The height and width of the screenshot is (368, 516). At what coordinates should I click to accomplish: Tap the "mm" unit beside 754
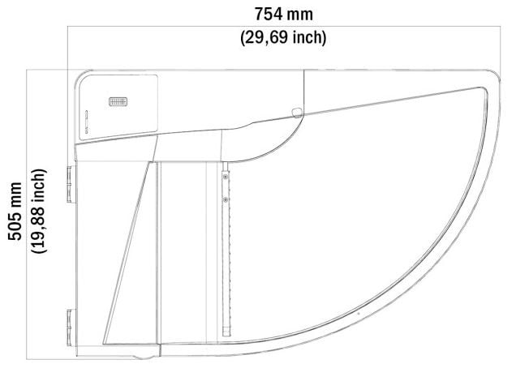[299, 15]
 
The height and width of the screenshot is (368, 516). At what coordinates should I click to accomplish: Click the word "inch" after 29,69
[309, 37]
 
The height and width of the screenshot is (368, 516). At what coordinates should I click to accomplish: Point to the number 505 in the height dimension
[15, 228]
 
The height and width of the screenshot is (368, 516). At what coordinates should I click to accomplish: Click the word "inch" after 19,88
[39, 186]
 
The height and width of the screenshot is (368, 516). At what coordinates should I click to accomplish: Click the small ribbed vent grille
[118, 101]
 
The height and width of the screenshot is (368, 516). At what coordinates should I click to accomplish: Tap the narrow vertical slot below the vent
[87, 122]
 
